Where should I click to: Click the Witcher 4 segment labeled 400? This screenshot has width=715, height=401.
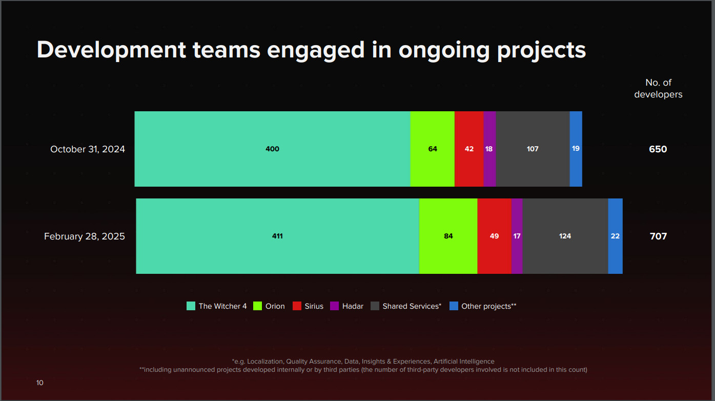click(272, 149)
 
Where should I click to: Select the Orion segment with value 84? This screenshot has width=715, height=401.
click(448, 236)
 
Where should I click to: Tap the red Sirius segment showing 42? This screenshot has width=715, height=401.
click(469, 149)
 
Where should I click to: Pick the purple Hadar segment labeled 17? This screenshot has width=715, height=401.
click(517, 236)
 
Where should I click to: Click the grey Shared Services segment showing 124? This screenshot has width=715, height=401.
click(565, 236)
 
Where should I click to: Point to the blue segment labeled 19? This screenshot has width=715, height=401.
click(576, 149)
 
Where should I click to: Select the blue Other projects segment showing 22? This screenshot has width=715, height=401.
click(615, 236)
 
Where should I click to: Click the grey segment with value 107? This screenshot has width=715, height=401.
click(533, 149)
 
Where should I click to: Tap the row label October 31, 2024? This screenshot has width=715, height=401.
click(88, 149)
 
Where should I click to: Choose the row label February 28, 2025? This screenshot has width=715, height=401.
click(85, 236)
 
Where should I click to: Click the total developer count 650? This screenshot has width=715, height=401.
click(658, 149)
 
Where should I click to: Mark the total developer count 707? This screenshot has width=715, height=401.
click(658, 236)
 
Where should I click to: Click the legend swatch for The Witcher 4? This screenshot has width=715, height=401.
click(191, 306)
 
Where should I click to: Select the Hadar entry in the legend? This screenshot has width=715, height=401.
click(353, 306)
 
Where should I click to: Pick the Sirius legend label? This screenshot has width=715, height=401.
click(314, 306)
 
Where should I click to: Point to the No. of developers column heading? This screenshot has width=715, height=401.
click(658, 88)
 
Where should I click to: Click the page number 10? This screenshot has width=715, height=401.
click(40, 383)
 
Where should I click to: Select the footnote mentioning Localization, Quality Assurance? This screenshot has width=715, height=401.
click(363, 362)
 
